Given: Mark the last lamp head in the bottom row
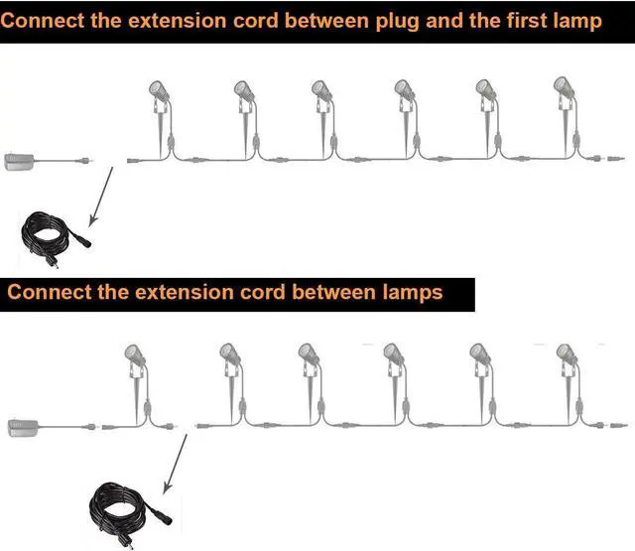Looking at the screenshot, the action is [566, 355].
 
